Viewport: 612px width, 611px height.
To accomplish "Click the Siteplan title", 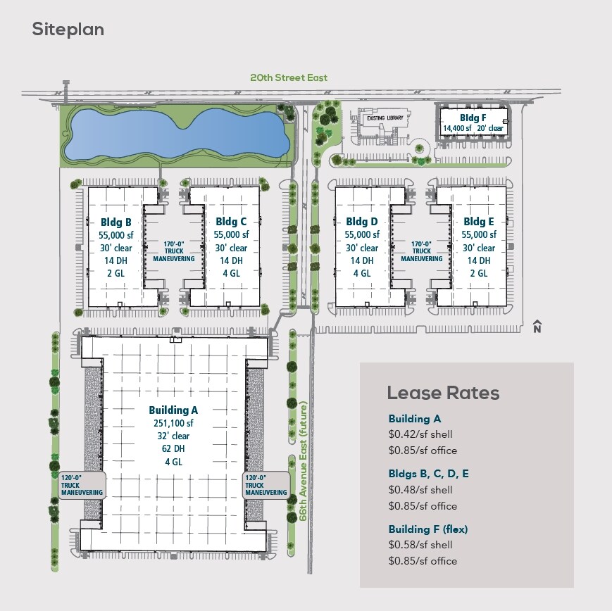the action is [x=68, y=30].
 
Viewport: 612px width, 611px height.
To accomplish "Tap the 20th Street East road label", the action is [x=289, y=77].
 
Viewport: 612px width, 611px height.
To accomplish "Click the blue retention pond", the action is [x=177, y=134].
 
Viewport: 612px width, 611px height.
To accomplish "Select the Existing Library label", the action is [x=385, y=118].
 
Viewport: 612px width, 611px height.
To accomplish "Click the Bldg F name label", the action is [x=473, y=118].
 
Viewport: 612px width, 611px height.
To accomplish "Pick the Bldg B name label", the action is [x=116, y=222].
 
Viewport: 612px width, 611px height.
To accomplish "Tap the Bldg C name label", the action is [x=231, y=222].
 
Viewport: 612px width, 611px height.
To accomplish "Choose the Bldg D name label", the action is [x=362, y=222].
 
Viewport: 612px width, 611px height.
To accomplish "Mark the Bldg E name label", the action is [x=478, y=222].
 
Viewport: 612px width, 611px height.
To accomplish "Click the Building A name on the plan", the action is [x=173, y=410].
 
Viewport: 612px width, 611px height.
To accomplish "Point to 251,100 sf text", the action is [x=173, y=423].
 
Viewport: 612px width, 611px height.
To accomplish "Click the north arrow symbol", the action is [x=537, y=326].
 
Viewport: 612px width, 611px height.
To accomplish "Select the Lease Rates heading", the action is [x=443, y=393].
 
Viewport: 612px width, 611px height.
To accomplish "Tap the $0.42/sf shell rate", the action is [x=420, y=434].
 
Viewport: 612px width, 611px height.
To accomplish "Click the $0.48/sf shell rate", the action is [x=420, y=490].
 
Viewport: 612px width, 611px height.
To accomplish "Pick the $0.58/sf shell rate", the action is [x=420, y=545].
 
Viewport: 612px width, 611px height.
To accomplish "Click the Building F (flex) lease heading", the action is [x=428, y=529].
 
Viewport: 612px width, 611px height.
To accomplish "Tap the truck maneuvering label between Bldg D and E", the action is [x=422, y=251].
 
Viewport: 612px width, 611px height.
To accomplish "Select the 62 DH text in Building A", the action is [x=173, y=448].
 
